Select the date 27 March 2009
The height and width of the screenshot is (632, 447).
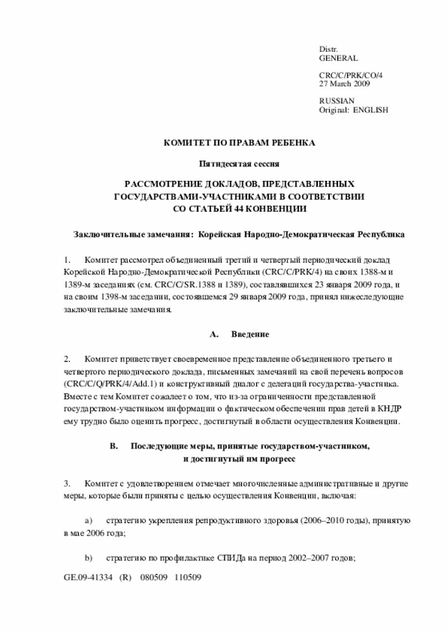click(x=344, y=84)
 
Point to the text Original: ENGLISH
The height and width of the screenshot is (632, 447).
click(x=353, y=110)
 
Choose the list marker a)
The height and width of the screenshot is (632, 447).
click(x=89, y=521)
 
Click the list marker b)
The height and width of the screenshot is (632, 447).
click(x=89, y=559)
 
